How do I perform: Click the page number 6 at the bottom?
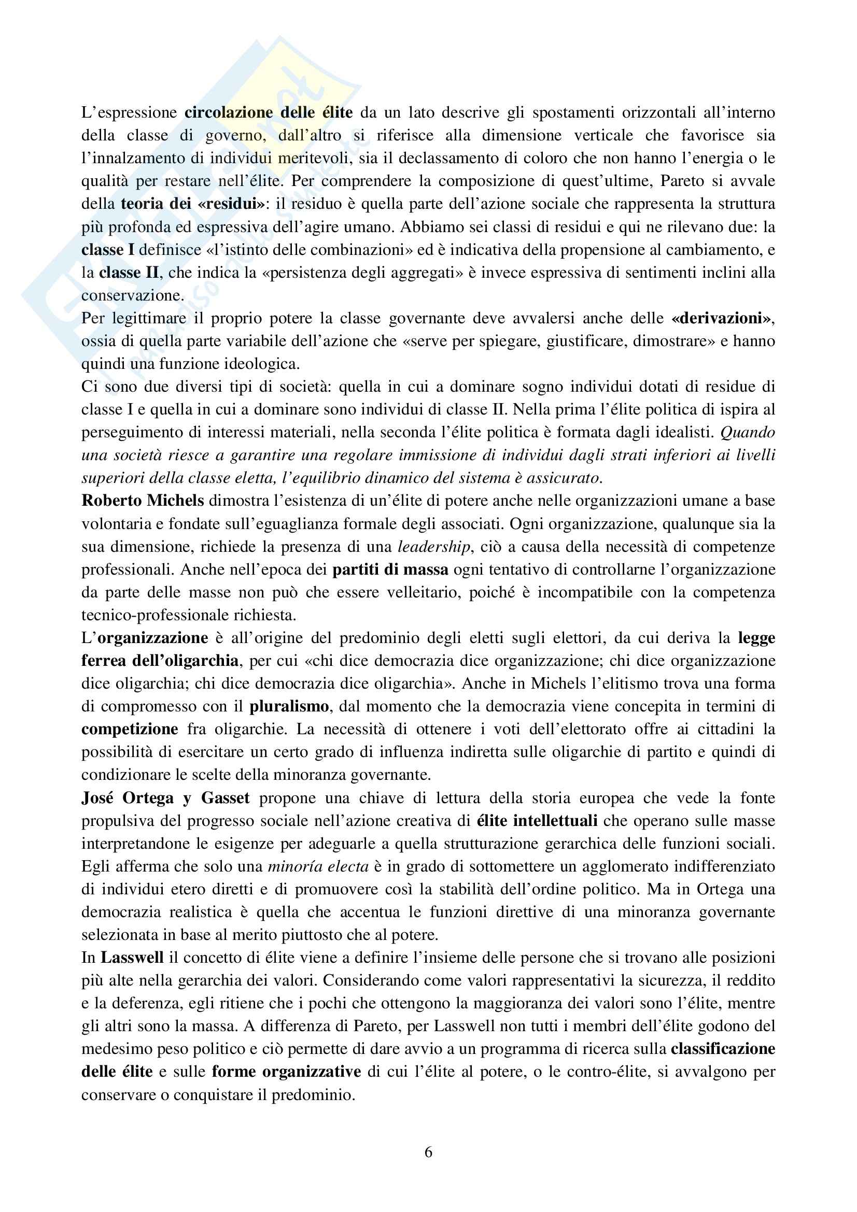click(428, 1152)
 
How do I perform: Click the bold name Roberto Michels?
click(143, 501)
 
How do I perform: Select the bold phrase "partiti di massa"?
click(390, 569)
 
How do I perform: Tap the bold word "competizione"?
click(130, 729)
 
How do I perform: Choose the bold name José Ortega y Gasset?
click(165, 797)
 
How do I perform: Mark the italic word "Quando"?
click(748, 432)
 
